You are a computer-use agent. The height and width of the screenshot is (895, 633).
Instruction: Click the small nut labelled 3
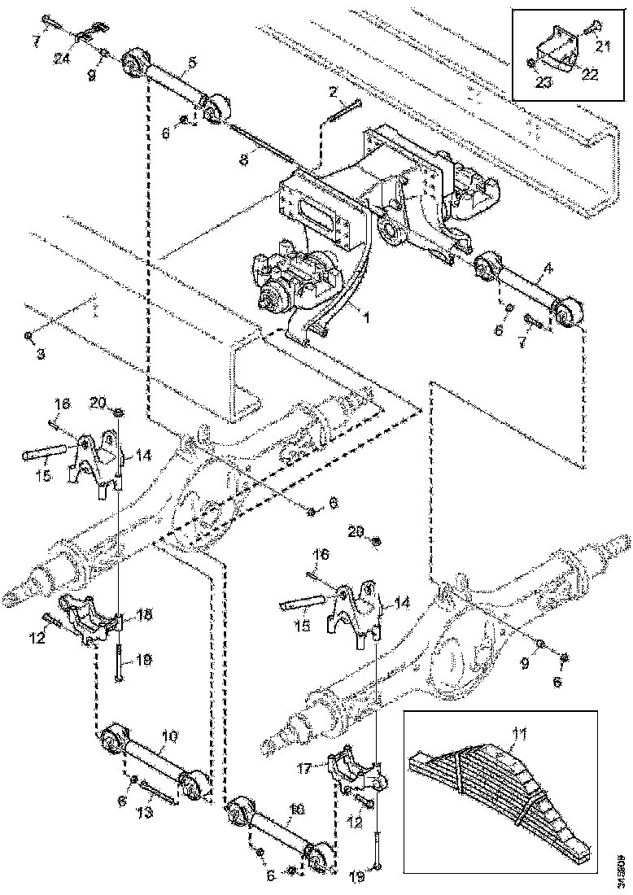pyautogui.click(x=28, y=334)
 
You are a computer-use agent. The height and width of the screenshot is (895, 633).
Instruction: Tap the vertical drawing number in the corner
pyautogui.click(x=622, y=867)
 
